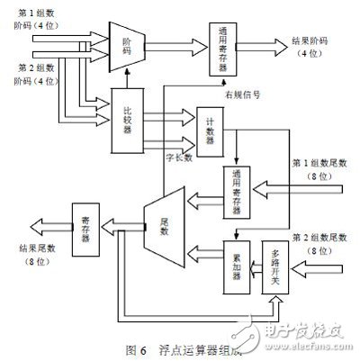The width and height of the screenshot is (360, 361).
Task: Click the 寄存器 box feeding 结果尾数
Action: point(85,221)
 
